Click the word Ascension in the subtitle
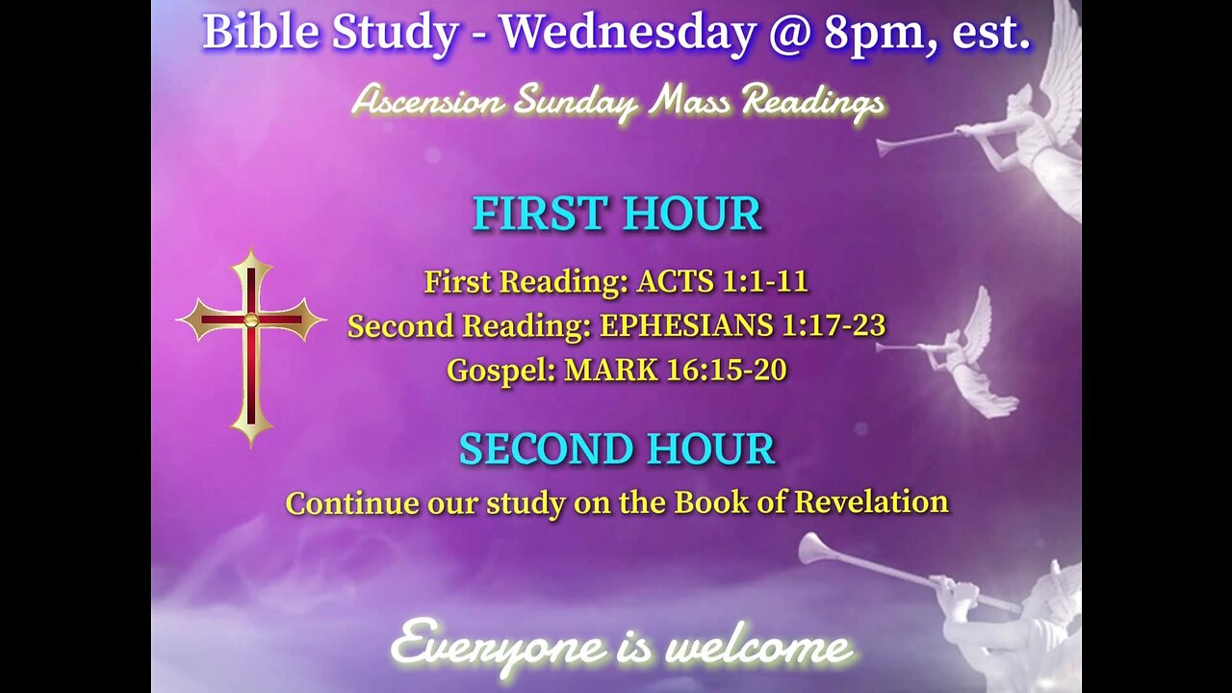[x=427, y=100]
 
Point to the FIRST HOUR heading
[x=617, y=214]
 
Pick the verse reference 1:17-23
[x=834, y=326]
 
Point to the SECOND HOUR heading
[x=617, y=449]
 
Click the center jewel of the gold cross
[x=251, y=320]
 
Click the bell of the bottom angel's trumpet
[x=814, y=548]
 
